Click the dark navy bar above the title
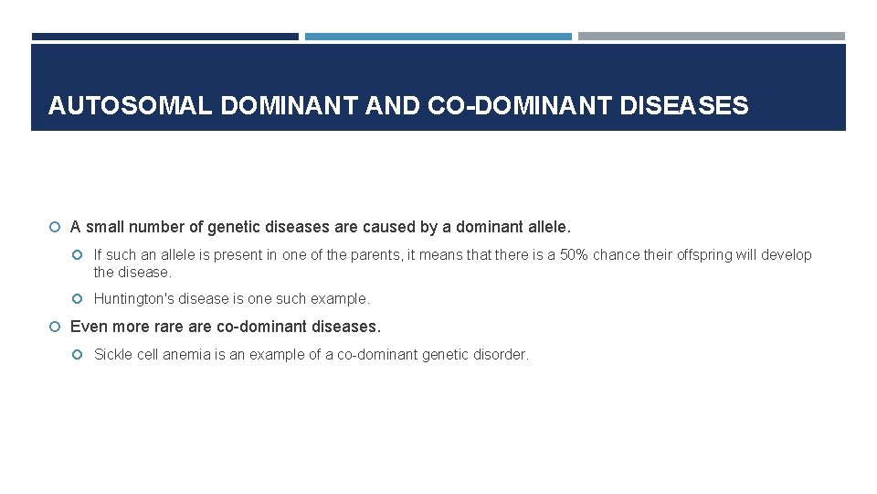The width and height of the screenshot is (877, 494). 165,37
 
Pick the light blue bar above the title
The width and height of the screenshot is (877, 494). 438,37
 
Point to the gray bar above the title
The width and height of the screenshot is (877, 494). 712,37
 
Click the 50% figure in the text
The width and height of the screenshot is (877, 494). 573,255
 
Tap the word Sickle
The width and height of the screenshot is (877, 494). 113,354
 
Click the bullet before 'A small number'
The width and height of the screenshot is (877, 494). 56,227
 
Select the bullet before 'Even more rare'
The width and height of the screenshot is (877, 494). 56,327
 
